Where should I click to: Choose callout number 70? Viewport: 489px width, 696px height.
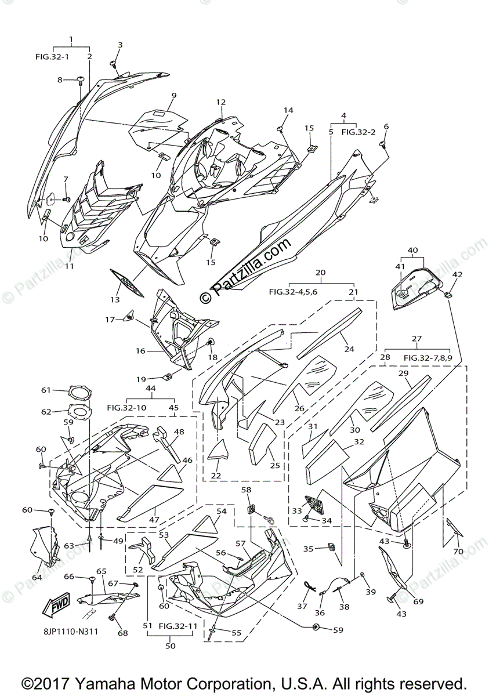click(458, 551)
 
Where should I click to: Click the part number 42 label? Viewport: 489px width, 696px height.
click(457, 274)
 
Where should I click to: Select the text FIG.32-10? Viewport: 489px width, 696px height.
click(127, 408)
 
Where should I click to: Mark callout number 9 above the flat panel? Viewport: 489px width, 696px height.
click(173, 95)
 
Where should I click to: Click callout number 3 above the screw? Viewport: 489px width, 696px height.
click(120, 45)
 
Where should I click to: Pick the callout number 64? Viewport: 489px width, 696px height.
click(37, 577)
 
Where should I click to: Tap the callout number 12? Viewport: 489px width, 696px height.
click(220, 102)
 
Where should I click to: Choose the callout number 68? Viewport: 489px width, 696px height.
click(122, 633)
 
